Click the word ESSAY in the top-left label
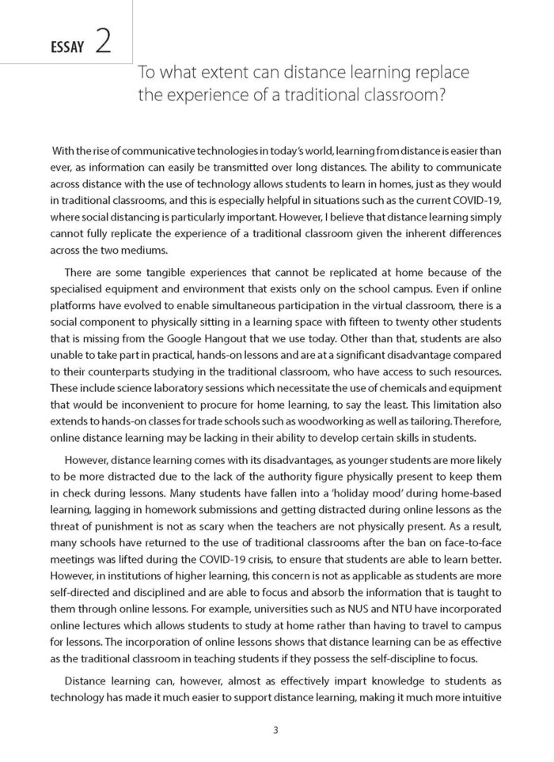(66, 48)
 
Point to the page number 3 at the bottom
(276, 730)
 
